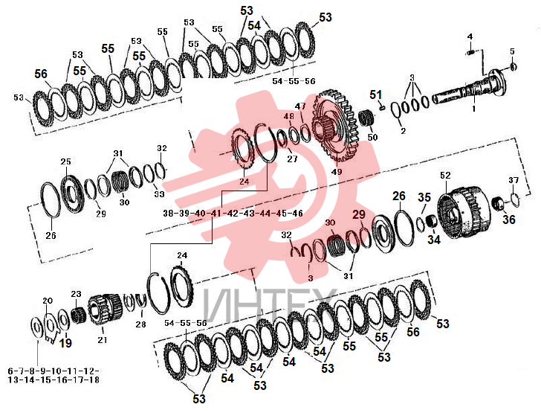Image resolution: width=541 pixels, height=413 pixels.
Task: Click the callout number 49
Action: (337, 171)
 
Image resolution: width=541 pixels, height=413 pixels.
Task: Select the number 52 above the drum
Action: (445, 175)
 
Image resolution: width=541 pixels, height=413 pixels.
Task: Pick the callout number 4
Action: (470, 36)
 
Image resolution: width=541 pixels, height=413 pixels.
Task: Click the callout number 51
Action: (376, 95)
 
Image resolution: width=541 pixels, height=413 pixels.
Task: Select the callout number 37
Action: (514, 180)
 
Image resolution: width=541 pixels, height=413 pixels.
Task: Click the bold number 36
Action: (509, 219)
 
